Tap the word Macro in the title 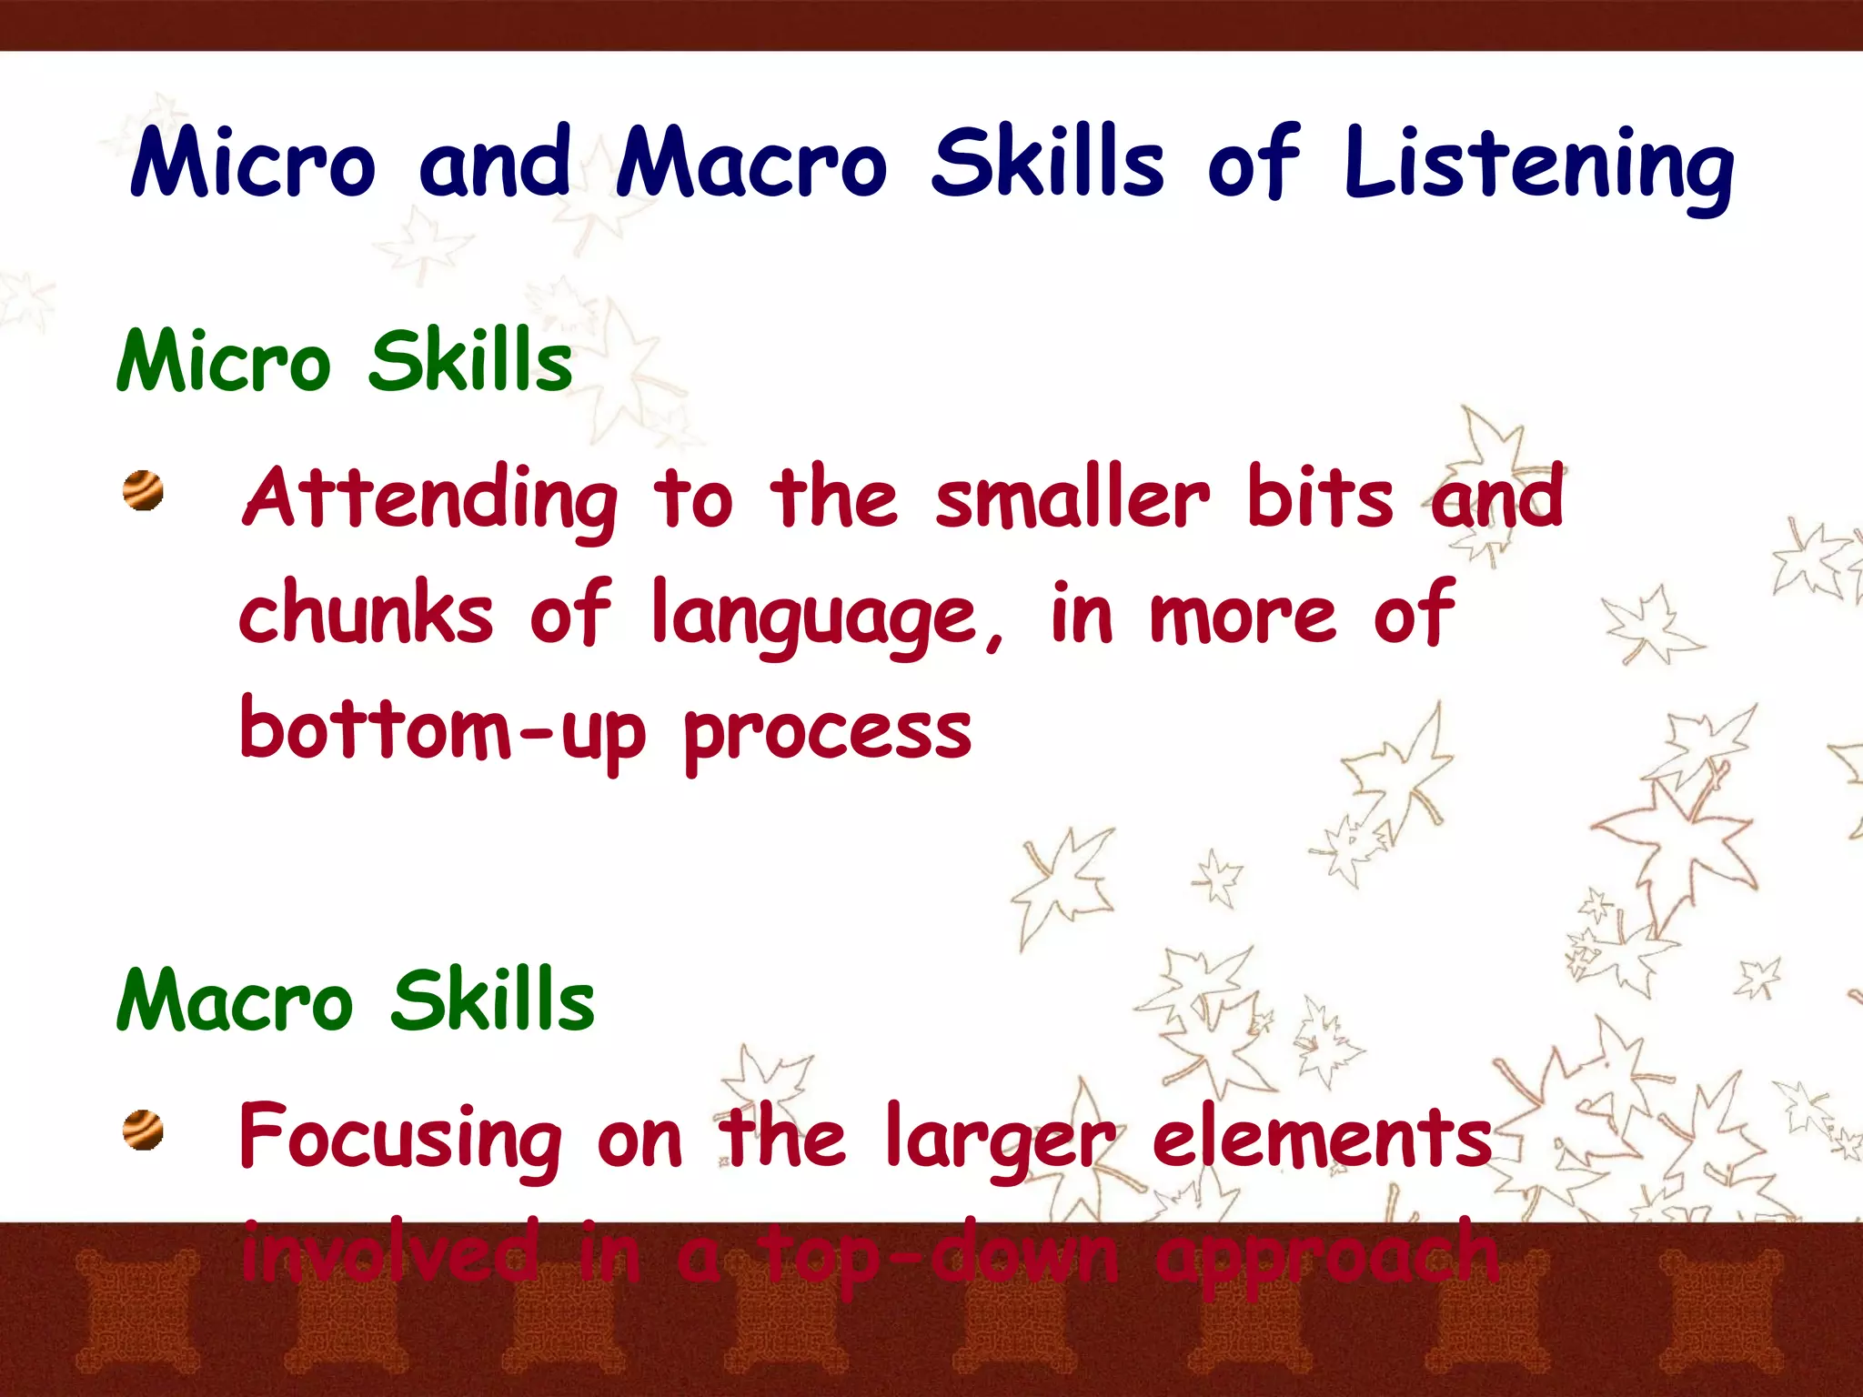pos(750,164)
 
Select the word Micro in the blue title pos(252,164)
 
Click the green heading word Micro pos(223,361)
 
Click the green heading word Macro pos(234,1000)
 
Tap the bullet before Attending pos(144,491)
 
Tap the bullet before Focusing pos(144,1131)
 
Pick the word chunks pos(366,613)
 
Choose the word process pos(828,733)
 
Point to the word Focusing pos(400,1138)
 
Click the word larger pos(999,1138)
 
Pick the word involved pos(389,1253)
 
